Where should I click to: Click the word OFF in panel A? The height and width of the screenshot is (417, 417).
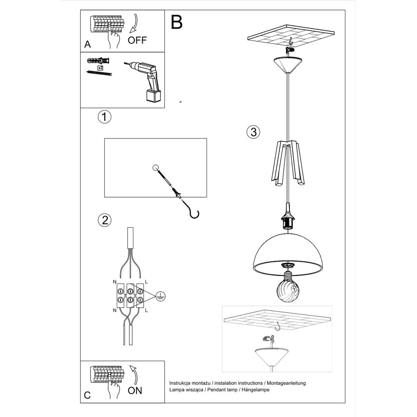(137, 40)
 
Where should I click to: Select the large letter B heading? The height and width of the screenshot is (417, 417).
(177, 22)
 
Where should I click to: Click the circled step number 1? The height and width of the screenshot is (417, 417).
(104, 117)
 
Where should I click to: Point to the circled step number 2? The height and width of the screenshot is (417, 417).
(104, 220)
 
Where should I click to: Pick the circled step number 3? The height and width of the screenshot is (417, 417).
(253, 132)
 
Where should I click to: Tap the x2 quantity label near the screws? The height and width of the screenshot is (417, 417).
(100, 67)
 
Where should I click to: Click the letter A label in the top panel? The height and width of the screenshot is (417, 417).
(87, 43)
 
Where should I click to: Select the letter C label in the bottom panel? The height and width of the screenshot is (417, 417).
(87, 395)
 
